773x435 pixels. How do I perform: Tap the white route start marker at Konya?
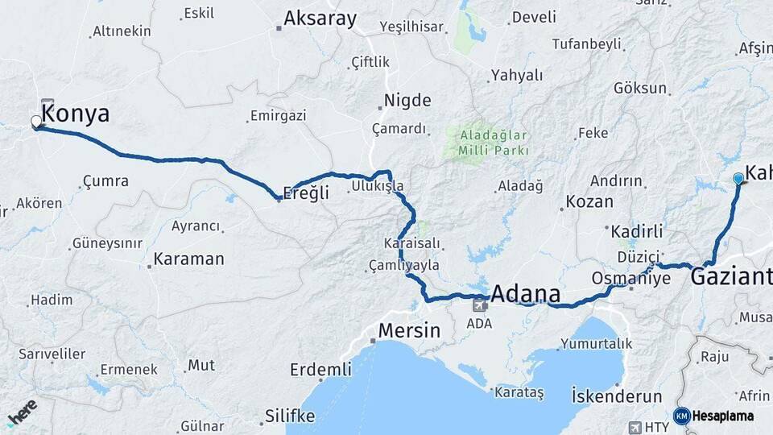point(36,122)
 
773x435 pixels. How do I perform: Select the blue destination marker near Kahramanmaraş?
point(738,179)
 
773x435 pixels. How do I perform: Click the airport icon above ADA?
point(480,305)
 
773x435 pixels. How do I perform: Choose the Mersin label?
point(409,330)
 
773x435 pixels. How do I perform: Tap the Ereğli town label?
point(307,193)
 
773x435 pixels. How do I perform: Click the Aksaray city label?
point(320,19)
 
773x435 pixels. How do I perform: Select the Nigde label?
point(407,101)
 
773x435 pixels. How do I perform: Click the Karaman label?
point(188,259)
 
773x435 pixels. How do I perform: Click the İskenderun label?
point(617,396)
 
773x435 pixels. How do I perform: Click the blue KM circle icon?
point(681,416)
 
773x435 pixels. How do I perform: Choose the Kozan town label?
point(589,201)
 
